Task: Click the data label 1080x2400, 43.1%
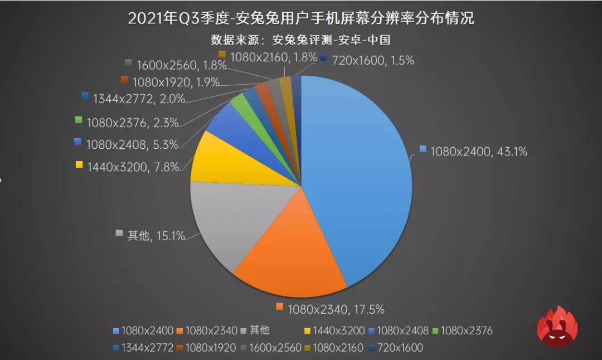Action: (x=473, y=151)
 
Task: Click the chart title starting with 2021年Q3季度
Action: (x=301, y=18)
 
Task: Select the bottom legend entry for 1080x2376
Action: (x=462, y=330)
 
